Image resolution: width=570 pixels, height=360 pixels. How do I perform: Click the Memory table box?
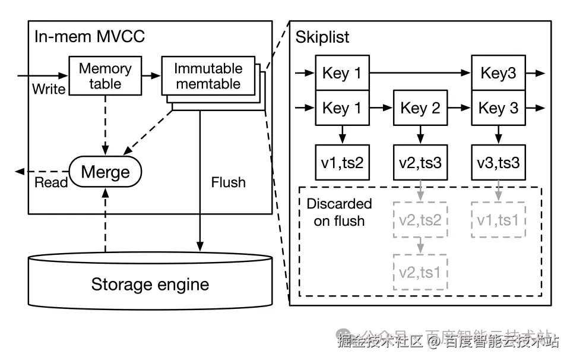105,76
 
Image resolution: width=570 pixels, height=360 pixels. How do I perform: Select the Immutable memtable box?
208,76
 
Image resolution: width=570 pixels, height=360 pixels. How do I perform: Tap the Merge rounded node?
105,172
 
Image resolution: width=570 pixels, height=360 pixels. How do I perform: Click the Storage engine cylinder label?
150,284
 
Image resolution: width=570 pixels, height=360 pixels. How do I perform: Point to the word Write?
49,90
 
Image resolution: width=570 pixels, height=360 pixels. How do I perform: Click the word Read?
51,182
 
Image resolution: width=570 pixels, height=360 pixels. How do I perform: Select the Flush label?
228,182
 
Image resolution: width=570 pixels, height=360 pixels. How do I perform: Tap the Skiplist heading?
322,37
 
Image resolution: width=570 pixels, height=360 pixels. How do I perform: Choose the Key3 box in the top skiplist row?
498,73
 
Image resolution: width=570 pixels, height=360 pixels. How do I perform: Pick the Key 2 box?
420,108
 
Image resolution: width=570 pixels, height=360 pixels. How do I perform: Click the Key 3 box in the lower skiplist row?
498,108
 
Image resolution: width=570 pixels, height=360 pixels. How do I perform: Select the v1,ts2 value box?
342,162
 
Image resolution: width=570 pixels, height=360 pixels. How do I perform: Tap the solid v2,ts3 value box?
420,162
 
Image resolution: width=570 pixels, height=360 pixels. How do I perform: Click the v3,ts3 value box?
498,162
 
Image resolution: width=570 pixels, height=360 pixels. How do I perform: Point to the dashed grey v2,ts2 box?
420,220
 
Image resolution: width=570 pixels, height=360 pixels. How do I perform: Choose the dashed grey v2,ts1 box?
420,272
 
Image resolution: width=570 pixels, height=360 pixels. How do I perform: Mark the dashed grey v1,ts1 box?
498,220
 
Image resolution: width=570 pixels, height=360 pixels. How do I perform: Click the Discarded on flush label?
339,212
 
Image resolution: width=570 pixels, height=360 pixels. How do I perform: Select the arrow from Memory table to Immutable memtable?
151,76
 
